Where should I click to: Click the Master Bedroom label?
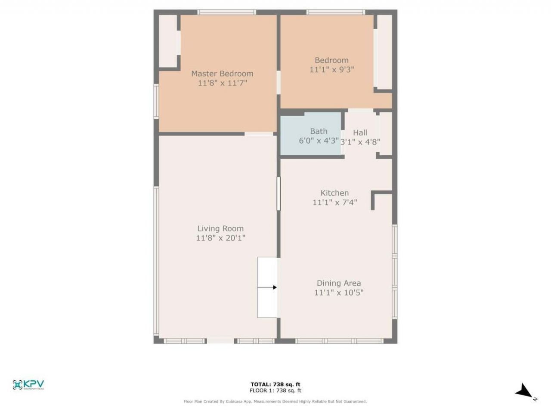[x=222, y=74]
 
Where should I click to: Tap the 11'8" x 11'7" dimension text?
[x=222, y=83]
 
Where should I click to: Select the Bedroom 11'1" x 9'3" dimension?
[x=331, y=69]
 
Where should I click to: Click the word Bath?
[x=319, y=131]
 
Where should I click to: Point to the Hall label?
[x=360, y=133]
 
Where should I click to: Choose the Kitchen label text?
[x=334, y=193]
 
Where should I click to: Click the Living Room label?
[x=220, y=228]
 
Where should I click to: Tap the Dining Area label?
[x=339, y=283]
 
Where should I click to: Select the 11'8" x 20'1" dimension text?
[x=220, y=238]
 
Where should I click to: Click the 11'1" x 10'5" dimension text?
[x=339, y=293]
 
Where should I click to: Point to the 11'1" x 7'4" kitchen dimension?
[x=334, y=202]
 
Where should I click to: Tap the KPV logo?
[x=28, y=385]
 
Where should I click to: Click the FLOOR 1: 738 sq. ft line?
[x=275, y=391]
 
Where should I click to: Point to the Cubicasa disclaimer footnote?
[x=275, y=401]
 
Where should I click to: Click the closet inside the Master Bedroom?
[x=168, y=41]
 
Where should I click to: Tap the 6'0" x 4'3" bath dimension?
[x=319, y=141]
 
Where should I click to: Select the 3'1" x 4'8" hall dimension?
[x=360, y=142]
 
